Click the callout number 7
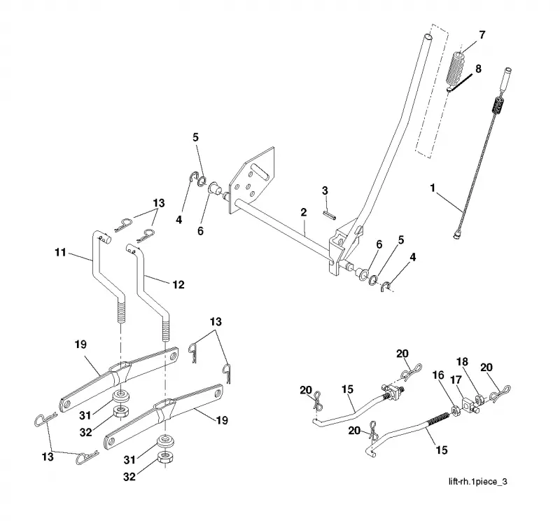click(x=482, y=35)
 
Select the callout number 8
click(x=478, y=69)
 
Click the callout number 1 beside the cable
click(x=433, y=188)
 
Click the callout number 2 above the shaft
click(x=304, y=212)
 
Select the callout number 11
click(x=60, y=252)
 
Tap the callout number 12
click(x=178, y=284)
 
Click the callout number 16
click(x=438, y=375)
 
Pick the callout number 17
click(x=456, y=380)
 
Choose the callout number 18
click(x=462, y=362)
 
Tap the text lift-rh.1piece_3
click(x=478, y=482)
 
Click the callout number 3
click(x=325, y=190)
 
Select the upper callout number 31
click(x=85, y=415)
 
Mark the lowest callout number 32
click(x=129, y=477)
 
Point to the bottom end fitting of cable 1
click(x=456, y=235)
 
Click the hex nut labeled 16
click(x=456, y=410)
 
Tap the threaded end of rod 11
click(x=120, y=310)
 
